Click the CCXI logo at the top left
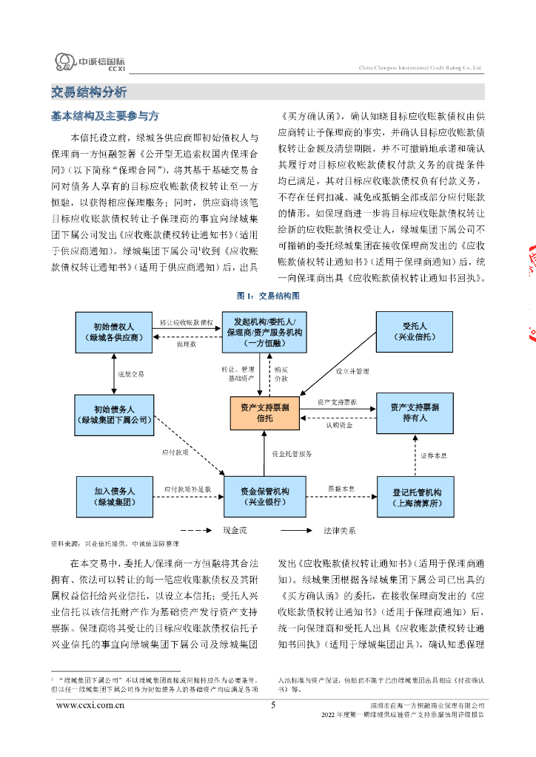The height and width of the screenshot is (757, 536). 90,63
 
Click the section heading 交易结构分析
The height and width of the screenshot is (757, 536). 89,92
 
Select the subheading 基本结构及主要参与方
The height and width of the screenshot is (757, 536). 104,117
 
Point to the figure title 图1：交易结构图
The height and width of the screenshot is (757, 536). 268,296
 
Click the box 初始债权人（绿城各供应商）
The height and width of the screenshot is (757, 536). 114,332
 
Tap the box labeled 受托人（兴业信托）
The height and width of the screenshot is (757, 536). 415,332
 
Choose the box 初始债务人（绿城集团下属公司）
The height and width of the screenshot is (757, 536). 114,414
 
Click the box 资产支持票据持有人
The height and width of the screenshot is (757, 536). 415,413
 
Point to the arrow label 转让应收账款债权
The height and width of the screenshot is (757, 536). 187,322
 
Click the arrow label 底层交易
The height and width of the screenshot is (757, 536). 131,374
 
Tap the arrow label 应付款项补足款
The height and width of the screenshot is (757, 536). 187,489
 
